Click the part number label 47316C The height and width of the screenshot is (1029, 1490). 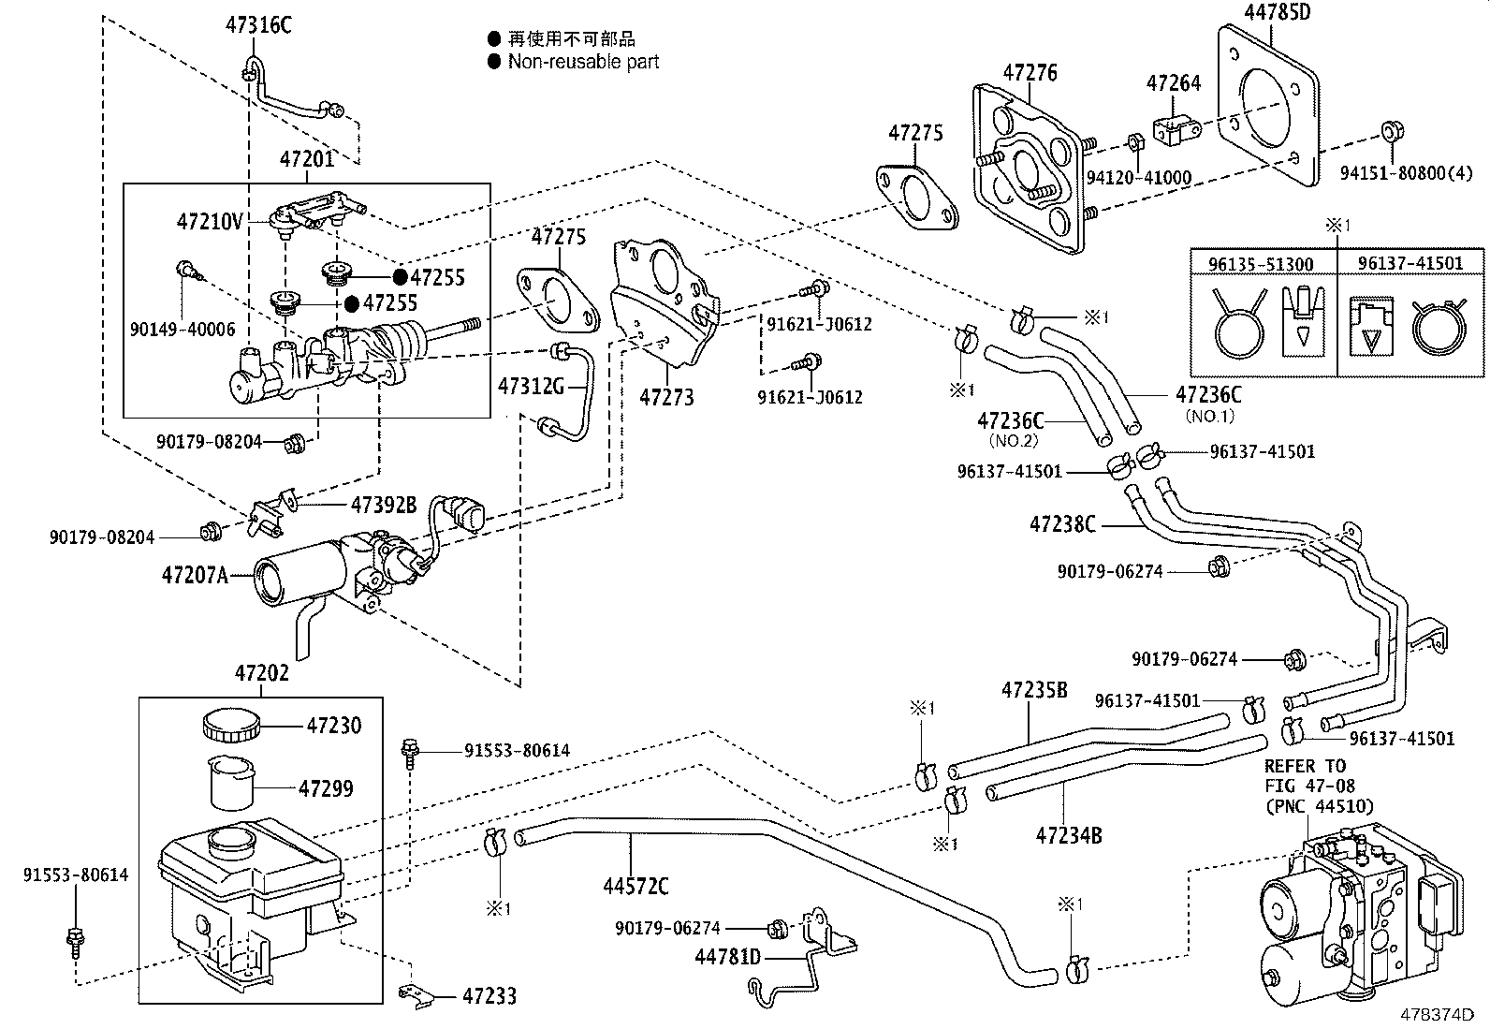click(x=257, y=25)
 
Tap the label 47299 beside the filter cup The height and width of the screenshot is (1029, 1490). click(x=326, y=789)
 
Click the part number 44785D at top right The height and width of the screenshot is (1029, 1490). click(x=1278, y=13)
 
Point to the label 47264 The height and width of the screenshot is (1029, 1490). click(x=1174, y=83)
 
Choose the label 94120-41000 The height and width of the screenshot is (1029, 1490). click(x=1139, y=178)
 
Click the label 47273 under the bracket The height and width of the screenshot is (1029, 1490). click(x=666, y=397)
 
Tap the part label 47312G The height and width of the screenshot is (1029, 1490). click(x=531, y=386)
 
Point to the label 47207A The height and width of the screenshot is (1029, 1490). click(x=194, y=575)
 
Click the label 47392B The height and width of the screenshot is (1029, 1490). click(x=383, y=506)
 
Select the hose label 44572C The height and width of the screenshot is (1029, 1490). click(x=635, y=885)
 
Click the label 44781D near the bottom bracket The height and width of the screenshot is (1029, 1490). click(x=728, y=957)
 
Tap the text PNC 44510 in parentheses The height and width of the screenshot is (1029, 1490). click(x=1320, y=806)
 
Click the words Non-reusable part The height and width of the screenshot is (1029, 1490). click(x=583, y=62)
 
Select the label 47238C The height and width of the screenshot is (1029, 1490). click(x=1061, y=524)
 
